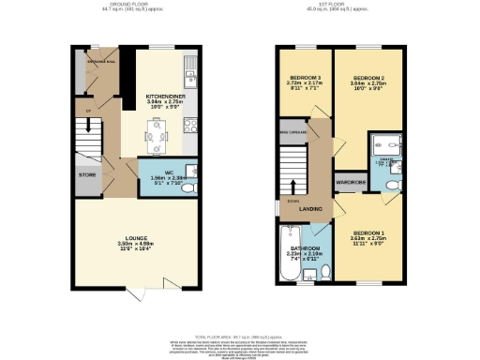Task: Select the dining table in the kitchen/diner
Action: click(156, 140)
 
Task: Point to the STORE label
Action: click(86, 174)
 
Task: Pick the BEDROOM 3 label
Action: click(305, 77)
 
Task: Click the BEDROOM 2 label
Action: click(367, 77)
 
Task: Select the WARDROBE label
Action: click(351, 181)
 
